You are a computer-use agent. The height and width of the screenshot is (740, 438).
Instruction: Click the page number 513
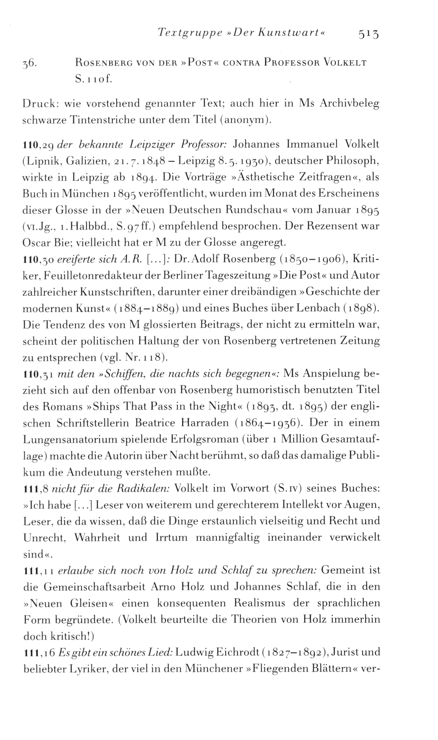point(369,35)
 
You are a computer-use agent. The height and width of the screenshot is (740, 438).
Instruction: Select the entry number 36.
point(30,64)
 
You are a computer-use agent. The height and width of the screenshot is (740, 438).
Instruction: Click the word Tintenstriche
point(100,120)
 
